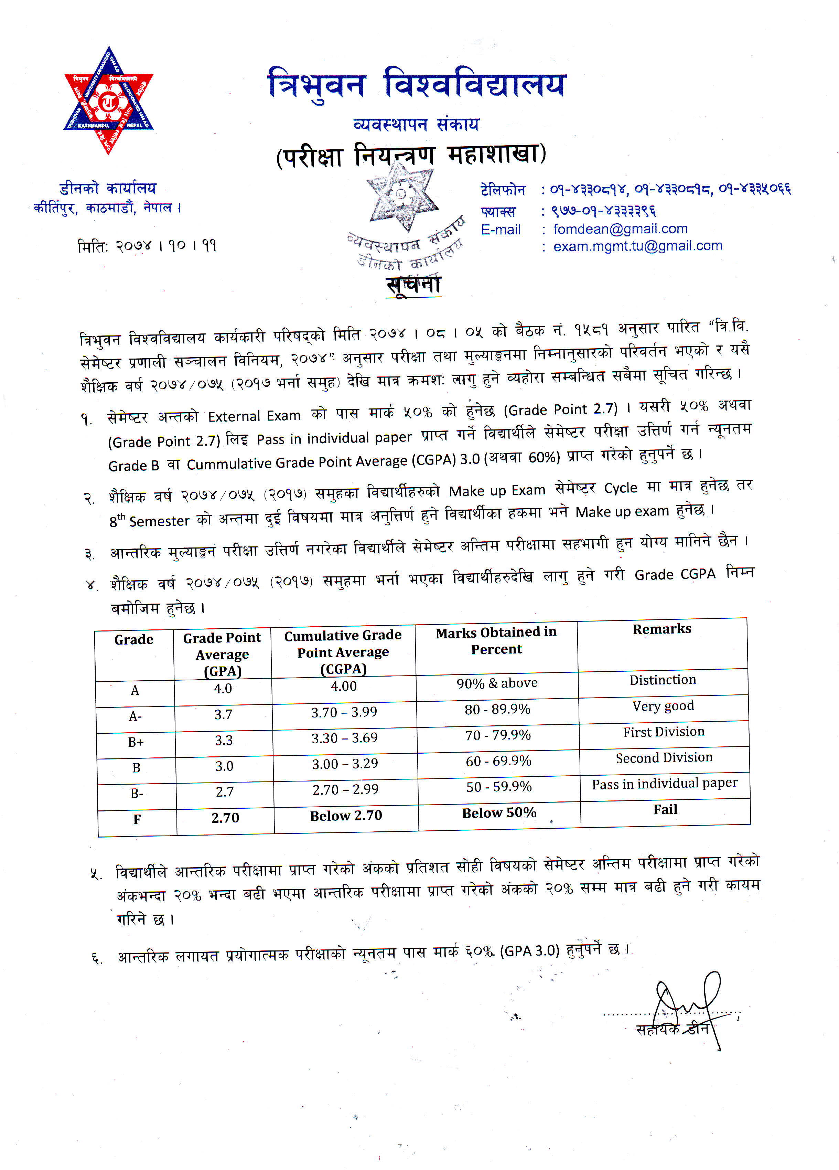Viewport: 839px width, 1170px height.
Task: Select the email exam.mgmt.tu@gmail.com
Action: tap(638, 246)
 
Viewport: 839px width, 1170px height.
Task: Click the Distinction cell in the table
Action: tap(663, 680)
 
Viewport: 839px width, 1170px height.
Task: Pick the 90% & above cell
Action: tap(497, 683)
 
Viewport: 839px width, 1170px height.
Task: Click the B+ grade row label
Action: tap(136, 742)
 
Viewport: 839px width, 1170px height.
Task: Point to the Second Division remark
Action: tap(664, 757)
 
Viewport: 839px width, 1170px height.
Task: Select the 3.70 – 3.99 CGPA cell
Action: tap(344, 712)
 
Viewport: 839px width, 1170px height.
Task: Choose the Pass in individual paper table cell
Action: tap(664, 784)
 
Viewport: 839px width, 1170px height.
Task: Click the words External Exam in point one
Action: tap(254, 416)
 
